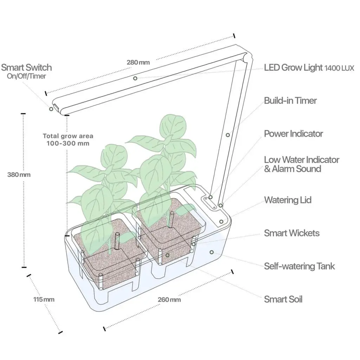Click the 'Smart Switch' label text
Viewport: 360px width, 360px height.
(26, 67)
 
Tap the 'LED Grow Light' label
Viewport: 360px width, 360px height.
(294, 67)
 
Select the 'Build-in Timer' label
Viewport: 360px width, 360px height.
(290, 101)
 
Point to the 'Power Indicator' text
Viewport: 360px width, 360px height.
(294, 134)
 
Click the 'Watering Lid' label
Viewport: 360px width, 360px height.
(288, 200)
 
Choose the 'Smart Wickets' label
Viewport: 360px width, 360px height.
(291, 233)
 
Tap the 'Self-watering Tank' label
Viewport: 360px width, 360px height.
(300, 266)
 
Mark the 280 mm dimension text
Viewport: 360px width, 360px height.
(138, 62)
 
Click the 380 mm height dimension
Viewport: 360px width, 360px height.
(19, 175)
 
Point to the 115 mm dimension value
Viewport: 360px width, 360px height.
(44, 300)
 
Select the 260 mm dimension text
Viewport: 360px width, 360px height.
(169, 300)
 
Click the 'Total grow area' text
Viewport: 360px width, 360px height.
(68, 136)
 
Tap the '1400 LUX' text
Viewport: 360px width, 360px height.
(339, 68)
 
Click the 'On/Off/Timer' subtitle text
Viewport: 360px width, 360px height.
(26, 76)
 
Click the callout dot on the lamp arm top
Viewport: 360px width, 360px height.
(135, 78)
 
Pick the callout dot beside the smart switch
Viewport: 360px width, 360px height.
(51, 109)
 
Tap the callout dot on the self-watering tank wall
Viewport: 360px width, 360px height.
(212, 252)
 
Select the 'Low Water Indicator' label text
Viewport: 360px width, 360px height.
(301, 160)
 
